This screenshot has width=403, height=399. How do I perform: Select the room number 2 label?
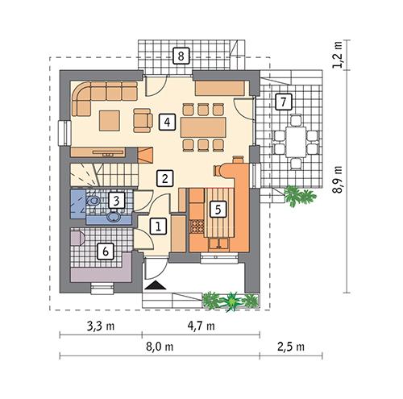[x=164, y=177]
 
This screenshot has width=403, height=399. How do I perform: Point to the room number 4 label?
[x=167, y=122]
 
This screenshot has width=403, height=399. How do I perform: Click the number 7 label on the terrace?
[x=281, y=102]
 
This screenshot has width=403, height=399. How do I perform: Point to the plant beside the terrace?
[x=297, y=195]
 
